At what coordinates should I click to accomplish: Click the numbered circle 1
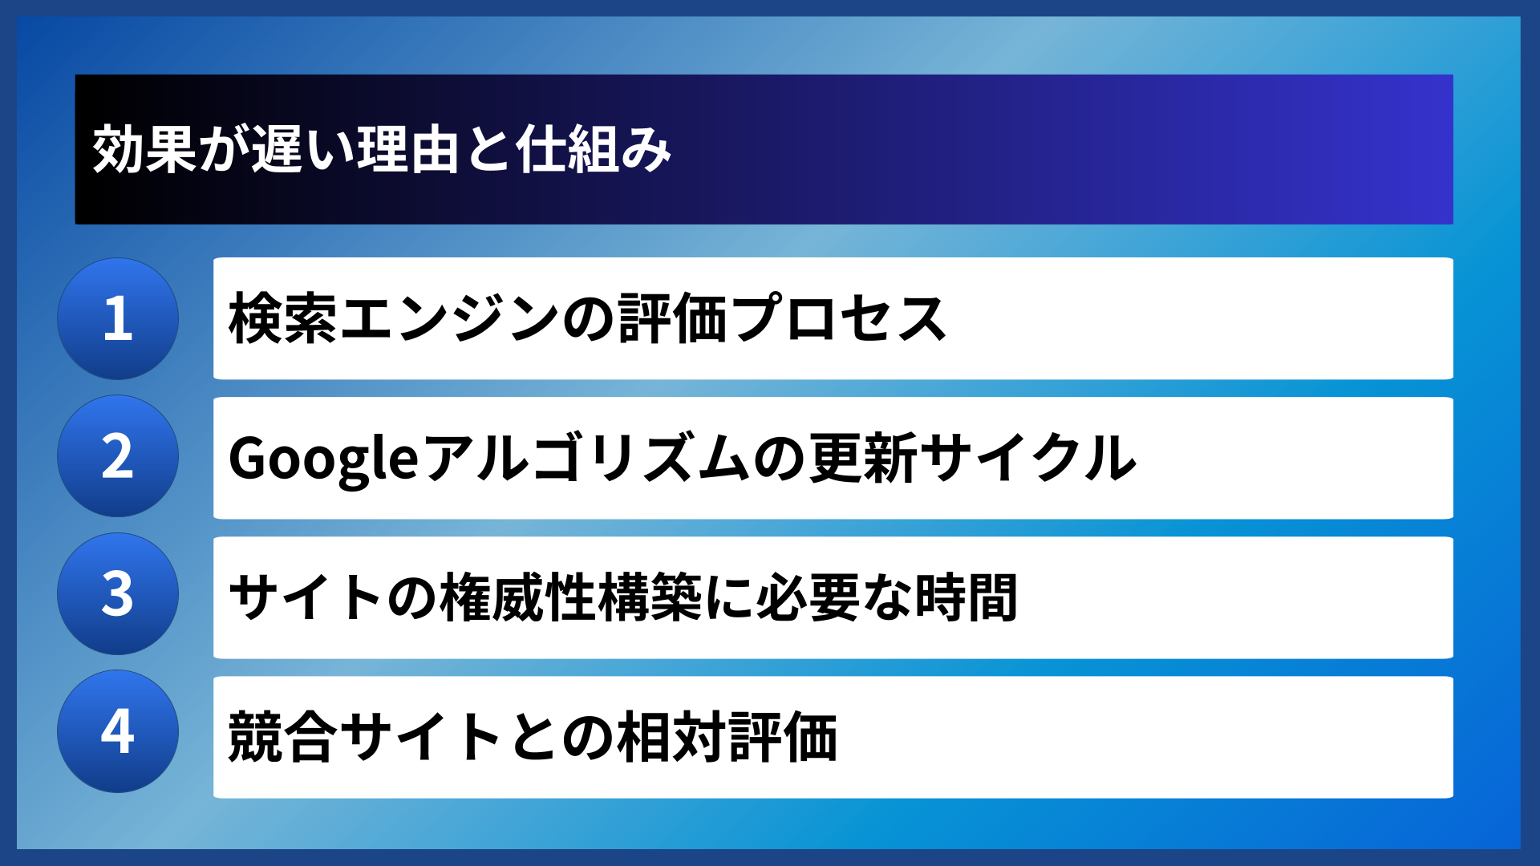[118, 318]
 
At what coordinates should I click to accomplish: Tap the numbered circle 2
[118, 456]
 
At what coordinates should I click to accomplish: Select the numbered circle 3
[118, 594]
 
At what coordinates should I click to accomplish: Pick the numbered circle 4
[118, 731]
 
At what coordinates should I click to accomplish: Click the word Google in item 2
[323, 459]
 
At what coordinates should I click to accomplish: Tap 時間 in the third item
[967, 597]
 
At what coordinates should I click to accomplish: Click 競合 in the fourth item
[281, 737]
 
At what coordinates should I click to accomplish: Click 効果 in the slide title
[144, 150]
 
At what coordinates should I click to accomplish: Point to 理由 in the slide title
[408, 150]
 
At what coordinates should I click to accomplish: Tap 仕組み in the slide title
[594, 150]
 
